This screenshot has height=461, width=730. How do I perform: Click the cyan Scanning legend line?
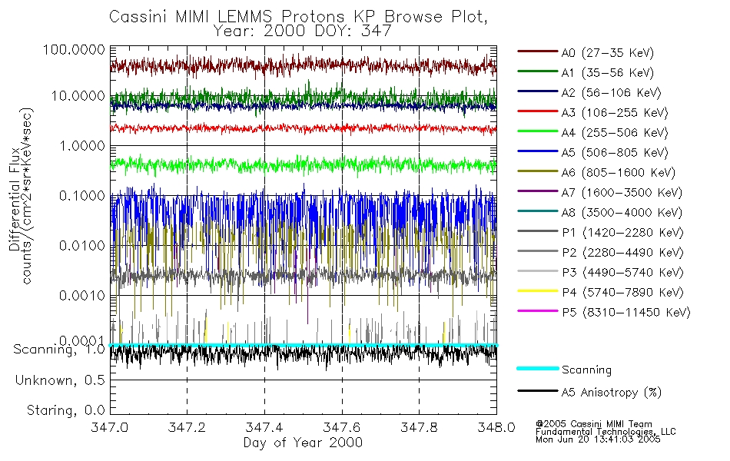(x=536, y=370)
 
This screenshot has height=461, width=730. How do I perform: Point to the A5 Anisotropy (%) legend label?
(x=611, y=393)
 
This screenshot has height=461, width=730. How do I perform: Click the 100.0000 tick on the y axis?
(x=76, y=48)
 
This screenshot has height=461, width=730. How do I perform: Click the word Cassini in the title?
(x=135, y=16)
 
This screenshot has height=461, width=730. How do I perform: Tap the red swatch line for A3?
(x=536, y=112)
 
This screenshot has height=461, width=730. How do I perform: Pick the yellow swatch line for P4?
(x=536, y=292)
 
